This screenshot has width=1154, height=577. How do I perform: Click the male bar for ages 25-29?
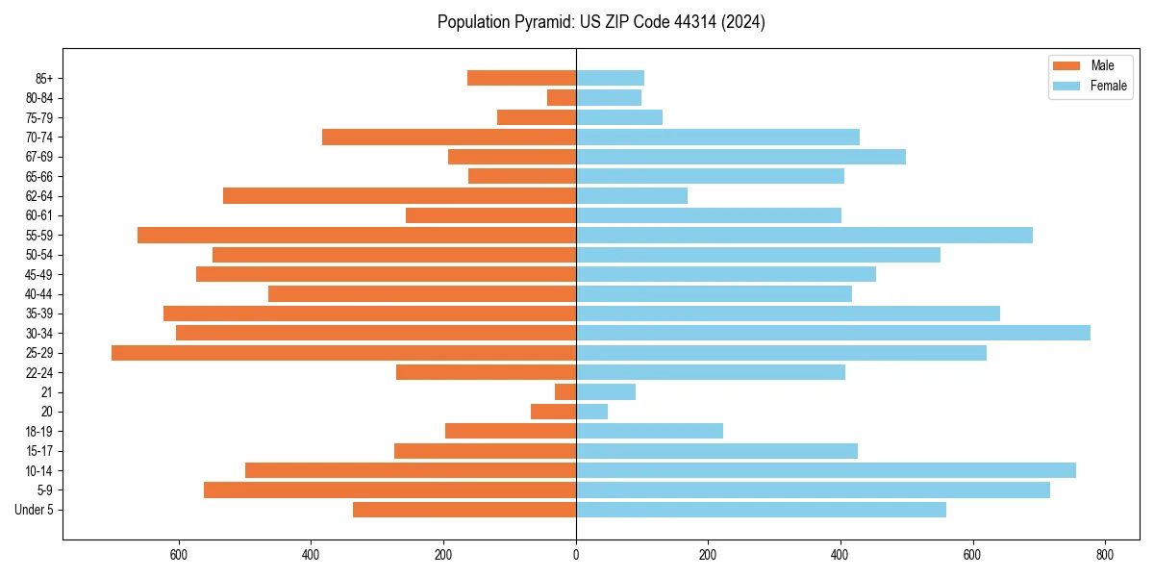pyautogui.click(x=343, y=353)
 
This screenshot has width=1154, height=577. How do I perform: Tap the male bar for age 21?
pyautogui.click(x=565, y=391)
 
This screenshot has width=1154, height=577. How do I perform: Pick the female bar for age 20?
pyautogui.click(x=591, y=412)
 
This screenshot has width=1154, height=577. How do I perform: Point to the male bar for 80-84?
pyautogui.click(x=562, y=97)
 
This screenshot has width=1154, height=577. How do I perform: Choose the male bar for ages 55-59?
pyautogui.click(x=357, y=235)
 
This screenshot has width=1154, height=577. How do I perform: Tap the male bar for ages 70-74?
pyautogui.click(x=449, y=137)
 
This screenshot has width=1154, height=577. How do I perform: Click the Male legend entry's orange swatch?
pyautogui.click(x=1066, y=65)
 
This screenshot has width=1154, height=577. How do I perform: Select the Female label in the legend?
pyautogui.click(x=1109, y=86)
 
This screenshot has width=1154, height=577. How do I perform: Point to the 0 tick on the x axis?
pyautogui.click(x=576, y=555)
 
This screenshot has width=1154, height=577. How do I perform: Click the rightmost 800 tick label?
pyautogui.click(x=1105, y=555)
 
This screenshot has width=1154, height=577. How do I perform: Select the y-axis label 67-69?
pyautogui.click(x=38, y=157)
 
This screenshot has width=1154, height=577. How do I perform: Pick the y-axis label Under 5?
pyautogui.click(x=35, y=510)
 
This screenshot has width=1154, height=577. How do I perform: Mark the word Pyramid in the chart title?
pyautogui.click(x=542, y=22)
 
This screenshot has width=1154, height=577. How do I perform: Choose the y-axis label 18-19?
pyautogui.click(x=38, y=431)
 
